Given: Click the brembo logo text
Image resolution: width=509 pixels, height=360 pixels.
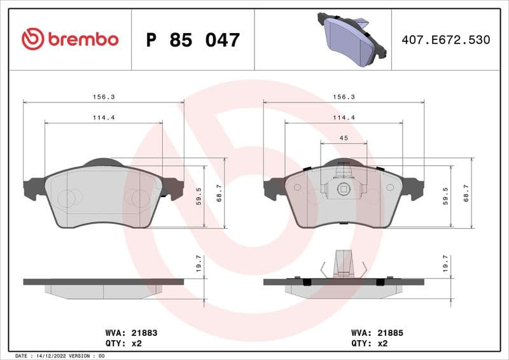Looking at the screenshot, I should point(82,39).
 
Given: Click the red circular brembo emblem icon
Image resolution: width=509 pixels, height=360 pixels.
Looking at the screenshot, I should point(32,39).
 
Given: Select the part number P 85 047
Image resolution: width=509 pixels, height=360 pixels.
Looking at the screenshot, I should point(192,40).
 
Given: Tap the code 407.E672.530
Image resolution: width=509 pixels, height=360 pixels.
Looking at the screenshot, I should point(445,39).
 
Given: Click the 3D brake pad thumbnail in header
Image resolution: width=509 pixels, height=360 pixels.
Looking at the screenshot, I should point(352,39).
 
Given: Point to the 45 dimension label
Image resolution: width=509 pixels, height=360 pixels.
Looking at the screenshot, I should point(343,138).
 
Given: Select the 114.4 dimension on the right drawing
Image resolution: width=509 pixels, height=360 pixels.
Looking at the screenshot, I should point(344,118).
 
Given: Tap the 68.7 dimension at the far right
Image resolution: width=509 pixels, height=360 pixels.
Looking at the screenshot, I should point(466,194).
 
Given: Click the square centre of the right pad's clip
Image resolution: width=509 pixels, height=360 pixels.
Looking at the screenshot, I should point(344,188).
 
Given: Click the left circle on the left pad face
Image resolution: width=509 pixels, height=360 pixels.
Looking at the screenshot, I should point(66,198).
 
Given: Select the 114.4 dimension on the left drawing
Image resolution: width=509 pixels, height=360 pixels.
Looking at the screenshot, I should point(103,118).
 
